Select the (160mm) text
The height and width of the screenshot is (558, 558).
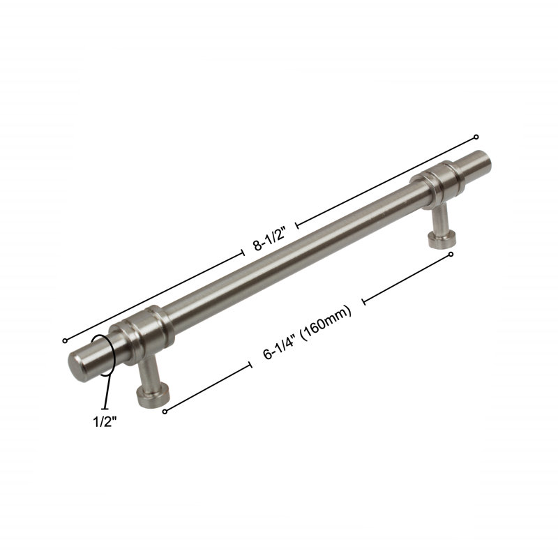(326, 322)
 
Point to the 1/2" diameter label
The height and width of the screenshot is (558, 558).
(105, 422)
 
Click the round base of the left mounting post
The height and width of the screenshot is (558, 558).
(153, 395)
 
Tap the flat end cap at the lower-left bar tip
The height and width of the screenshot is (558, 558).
(77, 368)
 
